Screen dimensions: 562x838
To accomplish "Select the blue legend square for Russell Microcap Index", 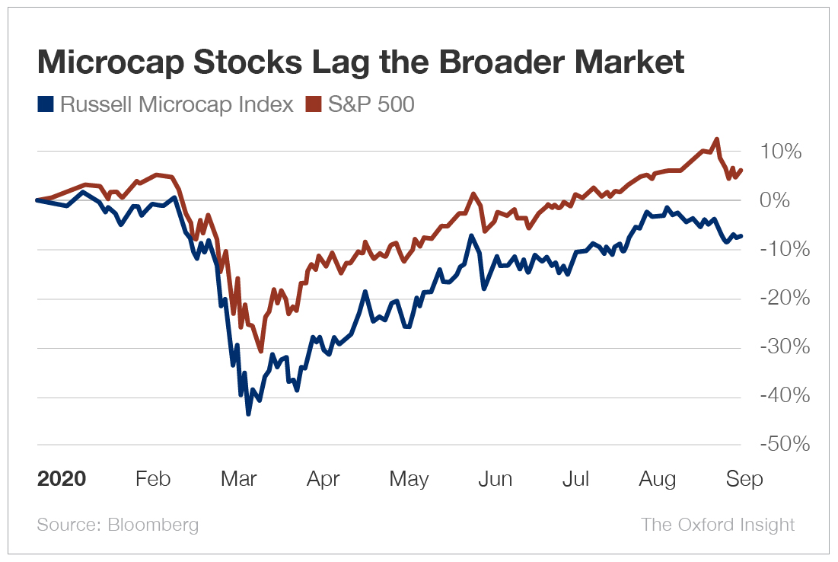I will pos(45,104).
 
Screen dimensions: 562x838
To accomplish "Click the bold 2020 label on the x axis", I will pos(62,480).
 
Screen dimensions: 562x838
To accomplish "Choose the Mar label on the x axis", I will pos(238,480).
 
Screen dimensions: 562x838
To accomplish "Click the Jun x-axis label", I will pos(494,480).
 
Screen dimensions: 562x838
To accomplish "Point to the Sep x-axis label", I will pos(744,480).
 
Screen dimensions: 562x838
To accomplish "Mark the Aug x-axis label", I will pos(657,480).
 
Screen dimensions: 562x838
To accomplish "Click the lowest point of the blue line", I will pos(248,414).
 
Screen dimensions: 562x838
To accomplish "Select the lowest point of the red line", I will pos(261,351).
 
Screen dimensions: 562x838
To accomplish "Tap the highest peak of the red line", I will pos(716,139).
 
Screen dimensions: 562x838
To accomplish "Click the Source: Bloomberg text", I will pos(118,525).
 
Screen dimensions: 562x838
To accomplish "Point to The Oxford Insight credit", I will pos(718,525).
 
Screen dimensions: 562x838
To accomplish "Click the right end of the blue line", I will pos(742,235).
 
